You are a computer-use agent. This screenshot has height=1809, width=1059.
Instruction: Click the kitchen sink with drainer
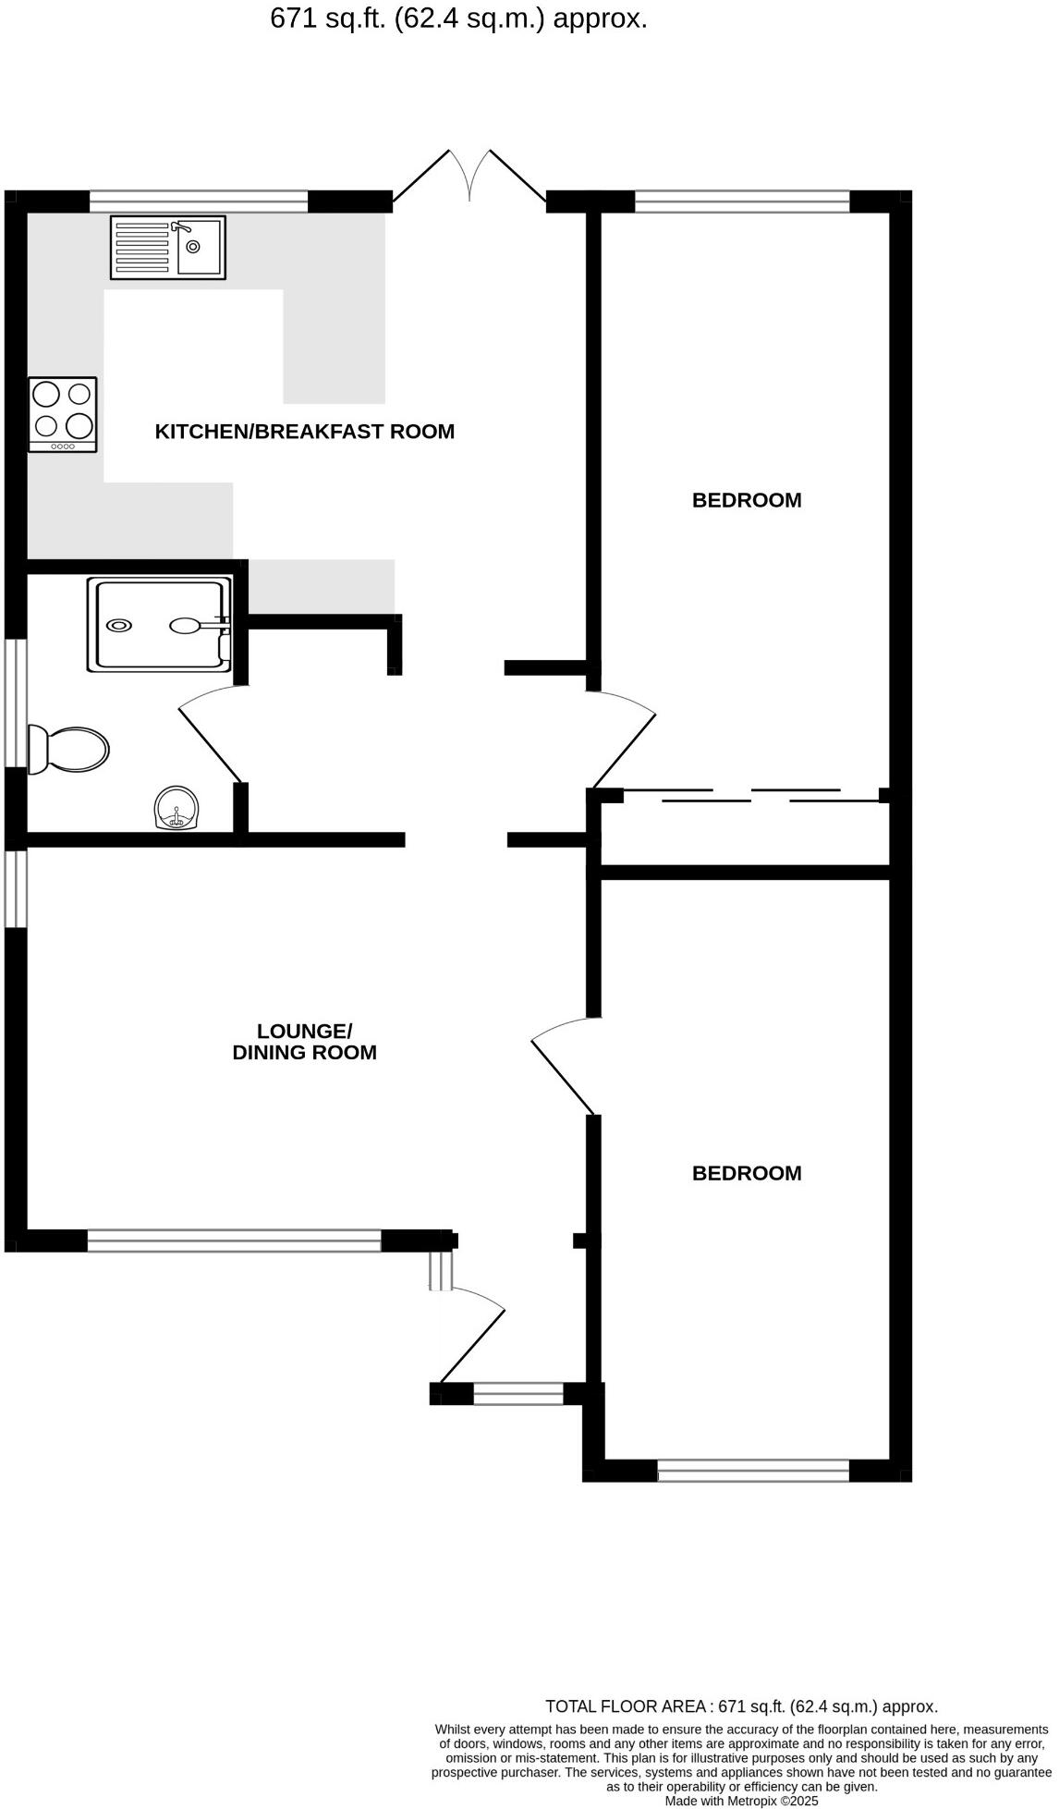167,247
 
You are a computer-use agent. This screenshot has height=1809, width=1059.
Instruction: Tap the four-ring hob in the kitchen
63,414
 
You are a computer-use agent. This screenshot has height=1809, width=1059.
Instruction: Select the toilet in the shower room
70,748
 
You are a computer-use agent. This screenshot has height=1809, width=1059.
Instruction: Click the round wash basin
176,808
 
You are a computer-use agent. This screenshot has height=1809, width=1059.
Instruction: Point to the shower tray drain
118,626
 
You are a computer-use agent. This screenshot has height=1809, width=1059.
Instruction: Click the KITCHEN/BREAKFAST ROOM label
304,432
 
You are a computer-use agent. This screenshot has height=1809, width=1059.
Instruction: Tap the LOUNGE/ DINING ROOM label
304,1042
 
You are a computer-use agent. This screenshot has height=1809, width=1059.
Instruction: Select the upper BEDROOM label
747,500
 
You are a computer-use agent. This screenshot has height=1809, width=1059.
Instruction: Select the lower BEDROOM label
747,1173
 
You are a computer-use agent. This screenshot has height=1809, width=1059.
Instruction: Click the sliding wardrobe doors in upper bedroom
751,795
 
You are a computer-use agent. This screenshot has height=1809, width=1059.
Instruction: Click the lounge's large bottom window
234,1240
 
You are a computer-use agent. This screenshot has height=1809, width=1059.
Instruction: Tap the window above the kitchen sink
199,201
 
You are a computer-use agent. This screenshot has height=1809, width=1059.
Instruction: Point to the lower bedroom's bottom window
753,1470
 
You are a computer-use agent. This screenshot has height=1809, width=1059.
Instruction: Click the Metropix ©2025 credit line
741,1801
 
